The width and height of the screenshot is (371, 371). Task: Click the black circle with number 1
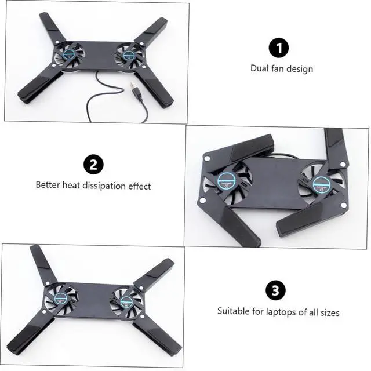279,48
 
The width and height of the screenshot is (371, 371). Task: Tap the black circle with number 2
93,165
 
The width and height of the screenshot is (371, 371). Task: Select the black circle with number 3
276,290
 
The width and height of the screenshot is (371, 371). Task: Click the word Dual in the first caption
259,68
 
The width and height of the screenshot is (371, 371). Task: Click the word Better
48,184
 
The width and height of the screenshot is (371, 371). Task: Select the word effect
140,186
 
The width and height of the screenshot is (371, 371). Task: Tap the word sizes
330,312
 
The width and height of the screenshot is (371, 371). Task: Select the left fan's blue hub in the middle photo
227,181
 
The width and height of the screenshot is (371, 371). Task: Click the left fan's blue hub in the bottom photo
61,299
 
